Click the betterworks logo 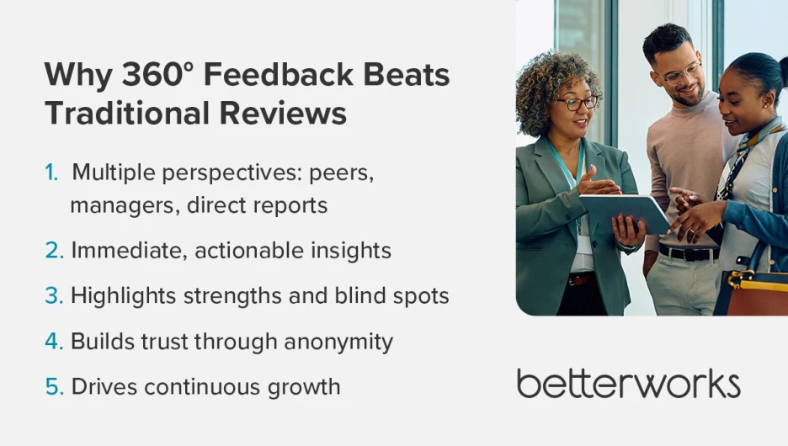[x=628, y=383]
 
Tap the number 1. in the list [x=52, y=173]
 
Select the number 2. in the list [x=54, y=250]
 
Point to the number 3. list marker [x=54, y=295]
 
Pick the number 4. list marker [x=54, y=341]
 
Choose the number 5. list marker [x=54, y=386]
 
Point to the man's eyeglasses [x=682, y=74]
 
